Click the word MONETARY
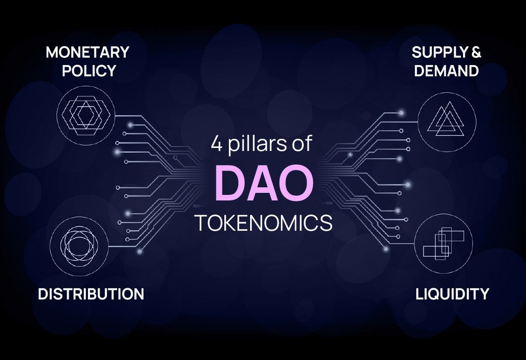[x=87, y=53]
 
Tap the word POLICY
[x=89, y=71]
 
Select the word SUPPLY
[x=440, y=53]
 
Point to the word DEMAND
[x=447, y=71]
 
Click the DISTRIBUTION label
[x=91, y=294]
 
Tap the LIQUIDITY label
[x=452, y=294]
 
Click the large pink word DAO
[x=264, y=183]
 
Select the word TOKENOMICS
[x=264, y=223]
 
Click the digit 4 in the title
[x=217, y=143]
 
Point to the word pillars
[x=257, y=144]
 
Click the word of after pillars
[x=302, y=143]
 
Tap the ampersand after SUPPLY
[x=476, y=53]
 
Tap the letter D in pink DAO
[x=230, y=183]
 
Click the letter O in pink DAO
[x=297, y=183]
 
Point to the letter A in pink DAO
[x=263, y=183]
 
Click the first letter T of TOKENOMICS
[x=201, y=223]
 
